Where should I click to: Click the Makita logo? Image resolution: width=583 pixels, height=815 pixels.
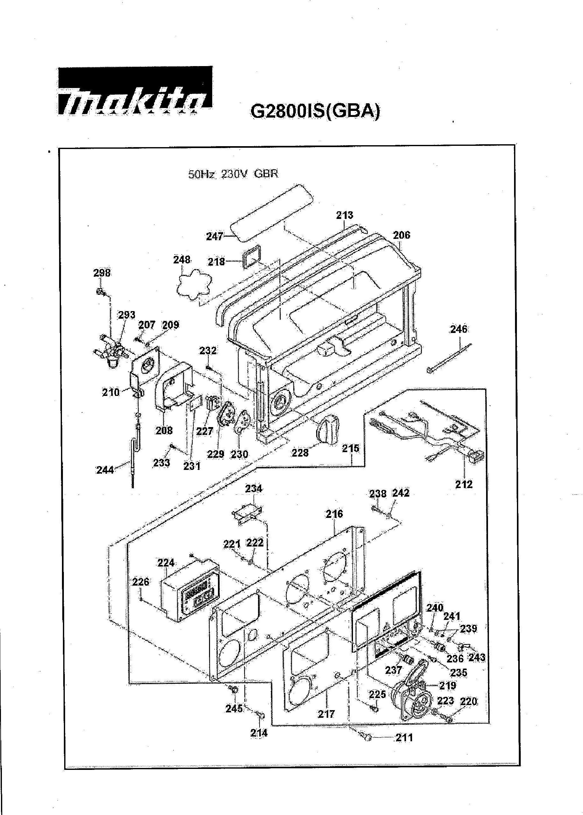click(135, 93)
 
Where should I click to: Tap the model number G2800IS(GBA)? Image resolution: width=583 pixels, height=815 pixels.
click(315, 111)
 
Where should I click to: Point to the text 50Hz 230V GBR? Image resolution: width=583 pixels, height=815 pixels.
click(233, 174)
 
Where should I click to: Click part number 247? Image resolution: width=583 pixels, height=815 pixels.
click(215, 237)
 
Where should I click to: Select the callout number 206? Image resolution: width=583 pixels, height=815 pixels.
click(401, 235)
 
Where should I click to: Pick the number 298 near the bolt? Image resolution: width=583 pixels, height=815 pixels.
click(102, 273)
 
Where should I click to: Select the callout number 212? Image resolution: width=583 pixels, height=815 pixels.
click(464, 484)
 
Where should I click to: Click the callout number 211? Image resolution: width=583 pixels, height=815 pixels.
click(404, 738)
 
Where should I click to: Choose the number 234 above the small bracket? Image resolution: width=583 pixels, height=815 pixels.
click(254, 489)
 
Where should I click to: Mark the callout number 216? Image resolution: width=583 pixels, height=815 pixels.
click(334, 514)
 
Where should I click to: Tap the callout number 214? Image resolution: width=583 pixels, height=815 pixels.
click(259, 733)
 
